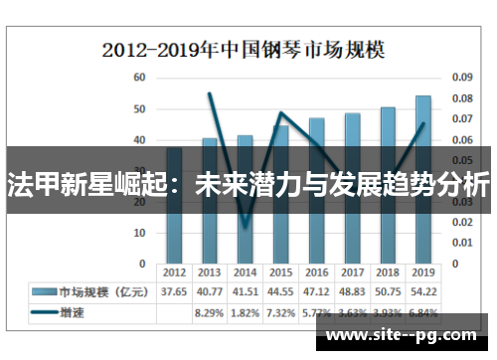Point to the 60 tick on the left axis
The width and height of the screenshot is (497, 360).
(139, 77)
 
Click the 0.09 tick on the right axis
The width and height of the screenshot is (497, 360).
(461, 77)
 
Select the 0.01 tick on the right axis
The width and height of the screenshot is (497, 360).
(461, 243)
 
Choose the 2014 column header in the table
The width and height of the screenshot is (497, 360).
(245, 271)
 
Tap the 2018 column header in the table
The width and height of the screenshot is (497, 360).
(388, 271)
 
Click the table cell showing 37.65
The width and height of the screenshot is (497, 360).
(174, 291)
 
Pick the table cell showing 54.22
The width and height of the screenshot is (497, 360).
(423, 291)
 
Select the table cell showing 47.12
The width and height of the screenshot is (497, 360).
(316, 291)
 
